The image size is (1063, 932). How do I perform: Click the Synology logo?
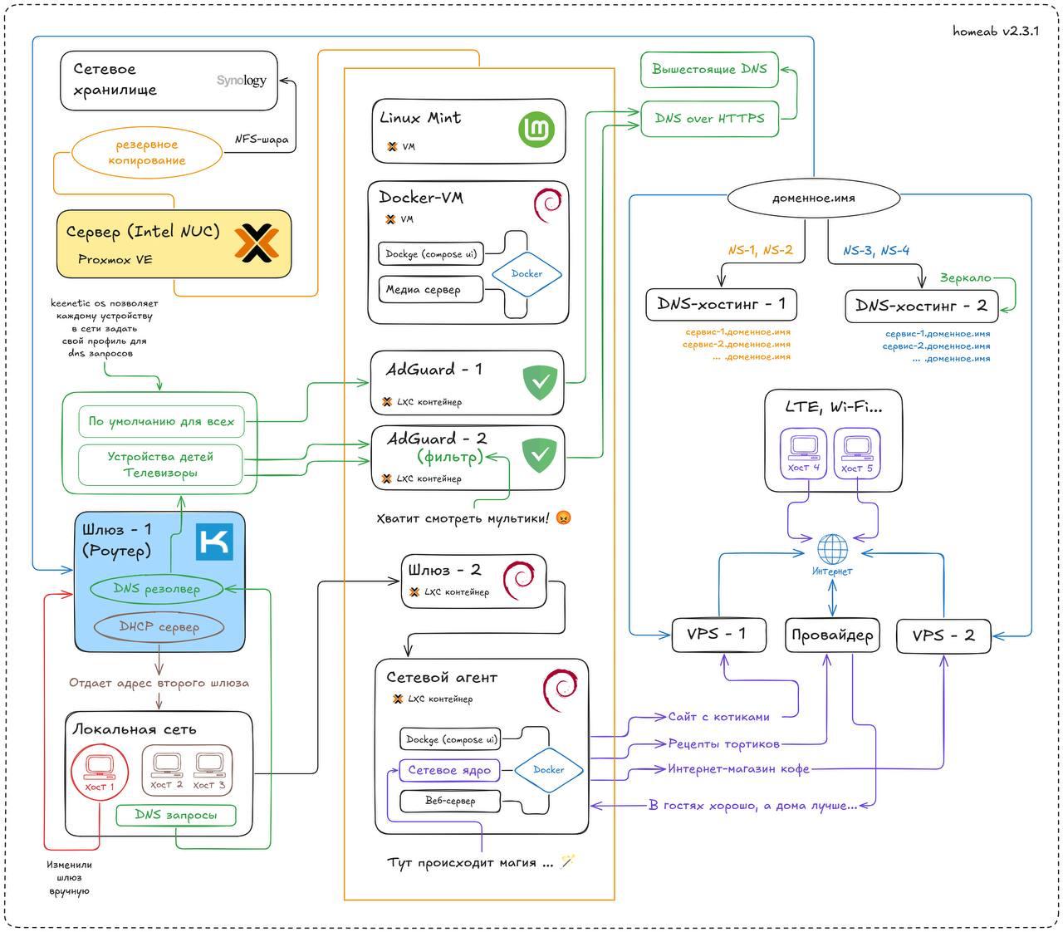coord(241,81)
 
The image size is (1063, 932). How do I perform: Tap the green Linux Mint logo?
coord(536,129)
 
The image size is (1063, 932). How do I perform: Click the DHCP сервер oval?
coord(159,626)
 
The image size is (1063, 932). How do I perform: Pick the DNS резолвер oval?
coord(156,589)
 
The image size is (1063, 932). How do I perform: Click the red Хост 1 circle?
coord(99,773)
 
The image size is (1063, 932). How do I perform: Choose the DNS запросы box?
coord(176,814)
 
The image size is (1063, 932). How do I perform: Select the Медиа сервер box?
coord(430,289)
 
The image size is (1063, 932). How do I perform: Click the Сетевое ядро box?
coord(449,770)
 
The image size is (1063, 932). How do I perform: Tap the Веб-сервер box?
coord(450,801)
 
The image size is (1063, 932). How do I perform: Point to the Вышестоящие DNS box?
coord(709,69)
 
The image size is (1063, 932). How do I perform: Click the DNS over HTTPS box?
coord(709,119)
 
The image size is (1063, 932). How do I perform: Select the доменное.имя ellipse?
coord(813,198)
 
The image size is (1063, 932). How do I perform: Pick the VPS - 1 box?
coord(718,635)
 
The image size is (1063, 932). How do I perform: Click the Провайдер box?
coord(831,635)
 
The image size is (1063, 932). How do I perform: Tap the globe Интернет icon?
coord(831,549)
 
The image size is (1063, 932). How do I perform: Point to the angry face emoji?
coord(563,518)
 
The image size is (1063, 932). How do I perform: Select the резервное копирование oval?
coord(147,152)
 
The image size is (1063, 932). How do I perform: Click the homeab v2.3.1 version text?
coord(995,32)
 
